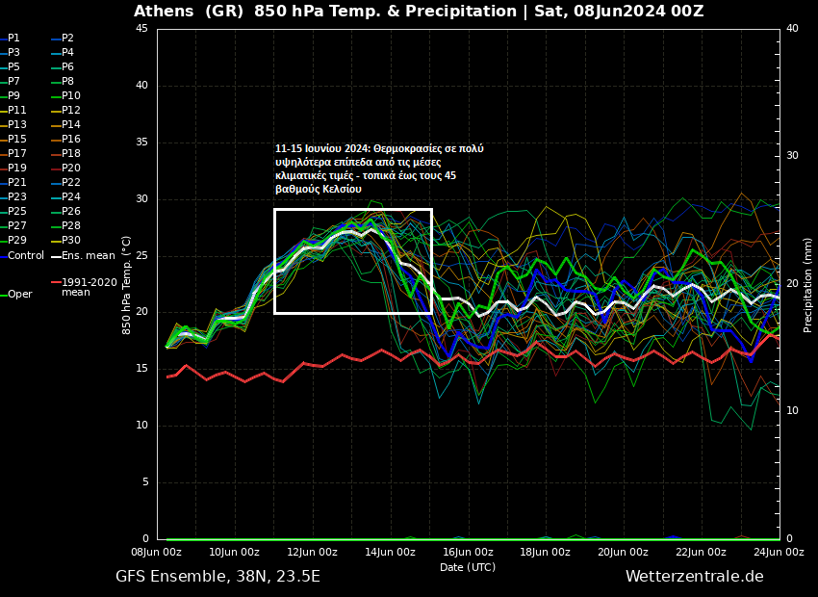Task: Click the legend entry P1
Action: pyautogui.click(x=13, y=39)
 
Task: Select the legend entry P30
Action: pyautogui.click(x=70, y=241)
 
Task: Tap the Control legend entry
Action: pyautogui.click(x=25, y=255)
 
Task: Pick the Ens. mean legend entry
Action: pyautogui.click(x=88, y=255)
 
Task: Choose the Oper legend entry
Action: pyautogui.click(x=19, y=295)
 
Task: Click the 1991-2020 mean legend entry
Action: pyautogui.click(x=89, y=287)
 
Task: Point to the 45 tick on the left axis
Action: pyautogui.click(x=141, y=29)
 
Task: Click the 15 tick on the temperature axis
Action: pyautogui.click(x=141, y=369)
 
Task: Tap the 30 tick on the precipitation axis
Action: pyautogui.click(x=792, y=156)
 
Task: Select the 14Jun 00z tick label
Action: pyautogui.click(x=390, y=553)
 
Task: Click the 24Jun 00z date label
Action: pyautogui.click(x=779, y=553)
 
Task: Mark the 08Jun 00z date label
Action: pyautogui.click(x=156, y=553)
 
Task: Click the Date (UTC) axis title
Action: pyautogui.click(x=468, y=567)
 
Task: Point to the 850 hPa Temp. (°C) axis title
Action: pyautogui.click(x=127, y=284)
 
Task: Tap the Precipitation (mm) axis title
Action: pyautogui.click(x=808, y=284)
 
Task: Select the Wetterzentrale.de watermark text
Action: pyautogui.click(x=694, y=577)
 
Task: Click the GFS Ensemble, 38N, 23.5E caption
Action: pyautogui.click(x=217, y=577)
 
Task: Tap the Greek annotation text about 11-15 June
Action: pyautogui.click(x=379, y=169)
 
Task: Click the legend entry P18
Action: pyautogui.click(x=70, y=154)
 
